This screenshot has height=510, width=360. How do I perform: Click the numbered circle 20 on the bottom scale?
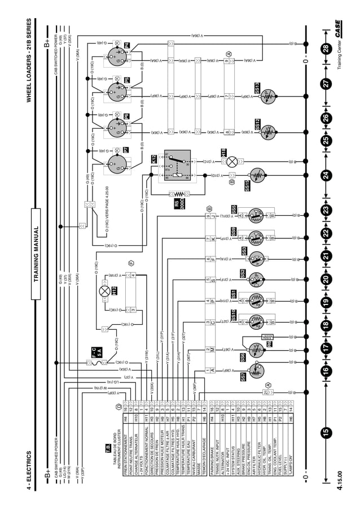[326, 278]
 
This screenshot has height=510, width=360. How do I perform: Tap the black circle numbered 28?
[326, 49]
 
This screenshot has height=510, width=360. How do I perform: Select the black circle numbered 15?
[326, 432]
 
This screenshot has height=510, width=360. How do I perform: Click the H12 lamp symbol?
[104, 292]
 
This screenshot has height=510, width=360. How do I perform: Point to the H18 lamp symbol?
[231, 162]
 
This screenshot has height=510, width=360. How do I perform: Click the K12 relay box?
[174, 167]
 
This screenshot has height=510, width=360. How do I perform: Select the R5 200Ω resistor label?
[177, 203]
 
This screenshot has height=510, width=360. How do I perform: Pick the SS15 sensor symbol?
[257, 175]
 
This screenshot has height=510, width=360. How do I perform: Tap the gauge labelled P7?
[117, 164]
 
